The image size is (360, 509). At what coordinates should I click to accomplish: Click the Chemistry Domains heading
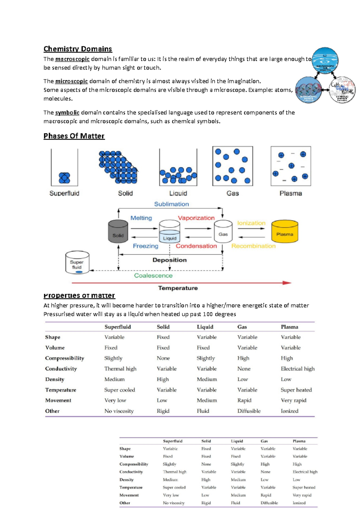[78, 49]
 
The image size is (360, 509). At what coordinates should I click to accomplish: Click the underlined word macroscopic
[72, 59]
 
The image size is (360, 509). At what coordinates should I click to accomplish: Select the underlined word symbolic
[67, 113]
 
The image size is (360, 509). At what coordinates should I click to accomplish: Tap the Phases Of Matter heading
[74, 136]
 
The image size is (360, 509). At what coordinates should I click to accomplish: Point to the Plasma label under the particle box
[290, 193]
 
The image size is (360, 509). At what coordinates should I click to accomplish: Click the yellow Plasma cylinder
[284, 231]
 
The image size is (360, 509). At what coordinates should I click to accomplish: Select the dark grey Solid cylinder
[118, 231]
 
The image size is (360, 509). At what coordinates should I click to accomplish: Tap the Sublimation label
[171, 204]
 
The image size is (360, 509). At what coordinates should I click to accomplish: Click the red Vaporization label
[196, 218]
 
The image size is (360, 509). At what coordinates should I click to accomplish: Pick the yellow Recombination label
[253, 246]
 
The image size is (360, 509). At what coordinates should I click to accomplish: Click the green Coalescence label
[153, 275]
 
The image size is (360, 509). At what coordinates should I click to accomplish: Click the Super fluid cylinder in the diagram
[77, 263]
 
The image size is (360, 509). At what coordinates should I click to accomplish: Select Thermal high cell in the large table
[120, 369]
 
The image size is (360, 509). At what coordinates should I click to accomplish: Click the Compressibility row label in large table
[64, 358]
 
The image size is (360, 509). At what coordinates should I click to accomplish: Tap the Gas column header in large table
[242, 327]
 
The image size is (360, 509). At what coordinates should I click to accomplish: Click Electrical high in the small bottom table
[305, 472]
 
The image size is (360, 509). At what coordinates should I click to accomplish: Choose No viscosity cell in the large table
[119, 411]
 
